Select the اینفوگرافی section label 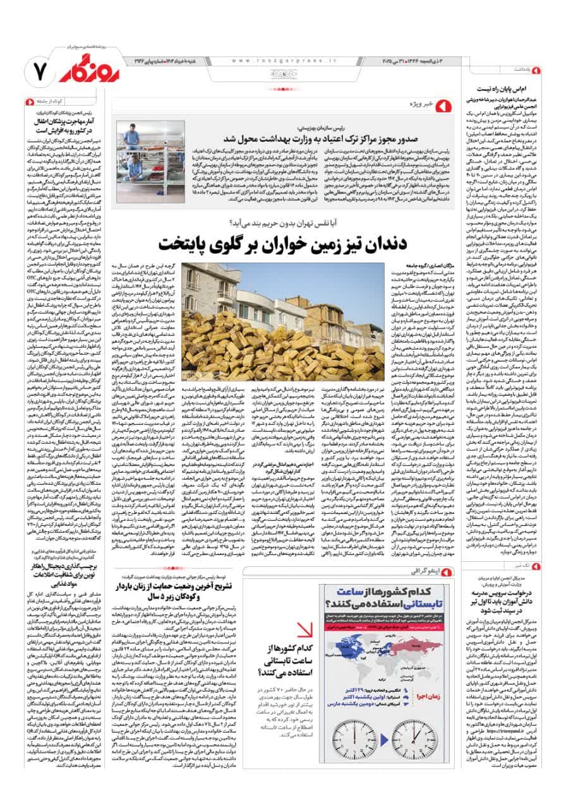pos(423,571)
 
